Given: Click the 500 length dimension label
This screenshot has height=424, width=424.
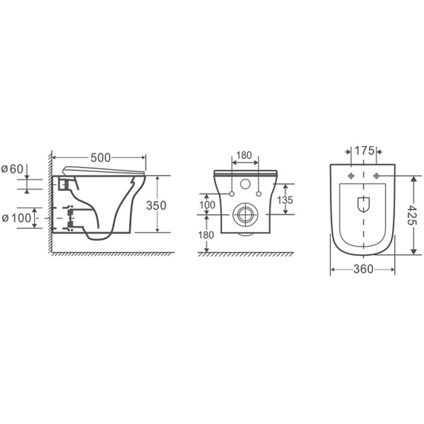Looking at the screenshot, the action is [100, 158].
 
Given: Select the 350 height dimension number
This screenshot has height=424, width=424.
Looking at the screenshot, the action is [156, 206].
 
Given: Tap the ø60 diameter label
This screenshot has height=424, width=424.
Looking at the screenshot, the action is [13, 170].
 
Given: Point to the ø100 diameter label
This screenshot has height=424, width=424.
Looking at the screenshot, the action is [16, 218].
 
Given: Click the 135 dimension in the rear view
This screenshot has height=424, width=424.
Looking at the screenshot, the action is [285, 200].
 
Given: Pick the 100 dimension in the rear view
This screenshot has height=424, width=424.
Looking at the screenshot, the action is [207, 205].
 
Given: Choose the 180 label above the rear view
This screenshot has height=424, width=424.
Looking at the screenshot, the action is [244, 155].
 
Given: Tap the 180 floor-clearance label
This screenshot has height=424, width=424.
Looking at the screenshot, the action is [206, 235].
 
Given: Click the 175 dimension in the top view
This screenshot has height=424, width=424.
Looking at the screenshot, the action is [364, 151].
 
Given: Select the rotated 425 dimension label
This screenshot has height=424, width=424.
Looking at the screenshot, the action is [412, 215].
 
